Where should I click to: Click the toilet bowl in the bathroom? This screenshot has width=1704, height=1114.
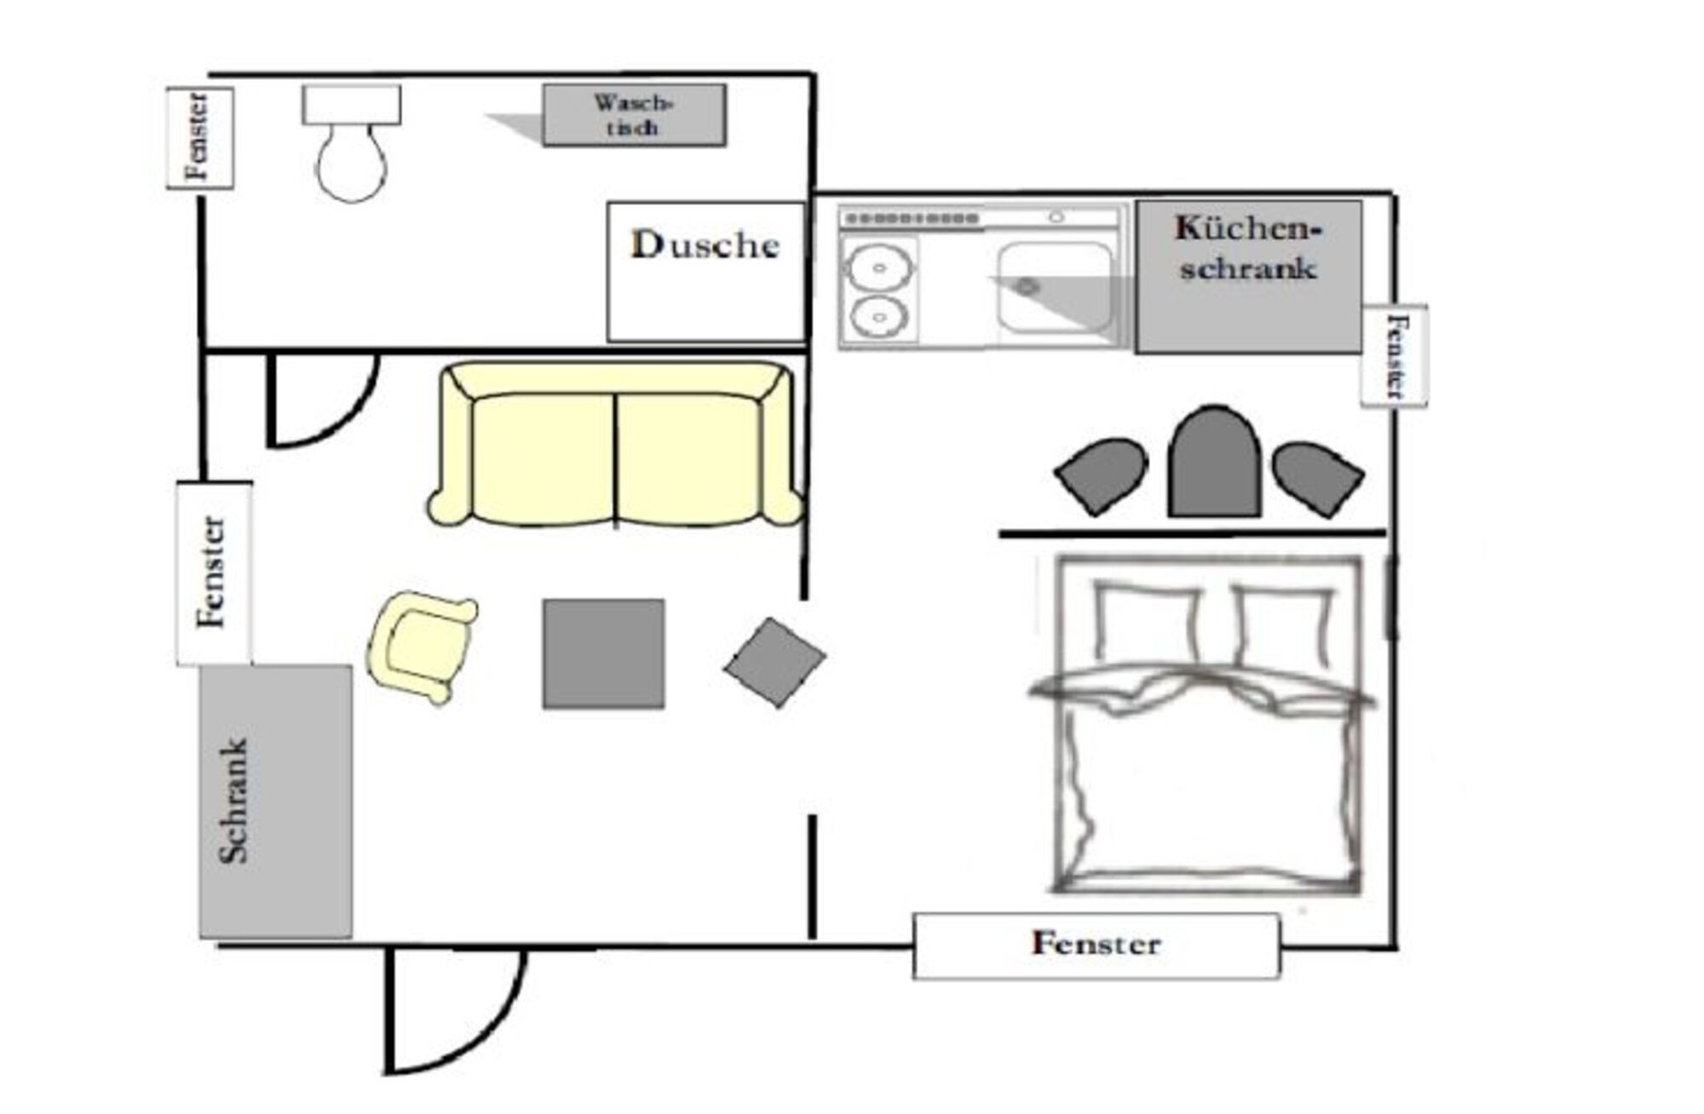point(351,162)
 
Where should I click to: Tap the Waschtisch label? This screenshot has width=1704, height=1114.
point(634,115)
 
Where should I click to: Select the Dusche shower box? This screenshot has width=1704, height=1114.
point(705,272)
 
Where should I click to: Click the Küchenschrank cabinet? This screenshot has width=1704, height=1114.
point(1248,277)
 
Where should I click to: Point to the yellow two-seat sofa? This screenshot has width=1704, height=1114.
point(615,444)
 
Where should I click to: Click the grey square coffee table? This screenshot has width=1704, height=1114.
point(603,653)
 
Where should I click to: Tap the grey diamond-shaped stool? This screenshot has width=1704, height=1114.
point(774,662)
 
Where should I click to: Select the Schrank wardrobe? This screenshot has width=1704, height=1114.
point(275,801)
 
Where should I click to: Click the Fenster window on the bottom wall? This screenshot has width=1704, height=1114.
point(1096,945)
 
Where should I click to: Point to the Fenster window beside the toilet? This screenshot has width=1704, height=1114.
point(199,138)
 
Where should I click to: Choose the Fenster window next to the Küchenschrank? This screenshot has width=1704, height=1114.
point(1394,355)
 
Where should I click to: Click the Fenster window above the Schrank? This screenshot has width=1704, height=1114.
point(214,573)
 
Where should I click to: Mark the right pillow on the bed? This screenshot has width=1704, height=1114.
point(1282,623)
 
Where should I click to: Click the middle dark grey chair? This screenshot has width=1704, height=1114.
point(1214,462)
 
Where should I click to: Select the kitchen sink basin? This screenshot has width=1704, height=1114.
point(1055,287)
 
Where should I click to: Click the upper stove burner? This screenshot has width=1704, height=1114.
point(879,267)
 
